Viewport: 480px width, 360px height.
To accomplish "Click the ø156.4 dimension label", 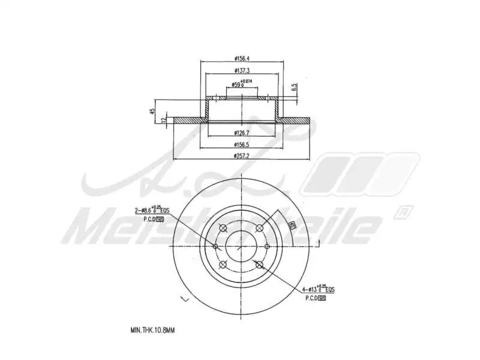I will tap(242, 58).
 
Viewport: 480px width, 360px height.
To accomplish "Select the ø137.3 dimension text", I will tap(242, 71).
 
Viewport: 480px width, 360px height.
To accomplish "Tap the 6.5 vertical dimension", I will tap(294, 88).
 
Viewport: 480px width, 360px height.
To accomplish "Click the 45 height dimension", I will tap(153, 110).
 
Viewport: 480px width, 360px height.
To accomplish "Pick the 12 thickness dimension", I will tap(164, 120).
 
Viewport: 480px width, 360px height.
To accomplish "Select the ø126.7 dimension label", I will tap(242, 133).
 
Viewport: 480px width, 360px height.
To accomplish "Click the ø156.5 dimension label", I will tap(242, 145).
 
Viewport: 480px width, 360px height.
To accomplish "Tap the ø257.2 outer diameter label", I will tap(242, 156).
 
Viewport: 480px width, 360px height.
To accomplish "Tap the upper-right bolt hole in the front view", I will tap(260, 227).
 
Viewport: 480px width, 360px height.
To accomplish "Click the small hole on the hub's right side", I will tap(268, 246).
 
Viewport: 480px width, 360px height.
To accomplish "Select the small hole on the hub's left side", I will tap(216, 246).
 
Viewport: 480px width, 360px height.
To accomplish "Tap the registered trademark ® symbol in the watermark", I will tap(398, 212).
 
